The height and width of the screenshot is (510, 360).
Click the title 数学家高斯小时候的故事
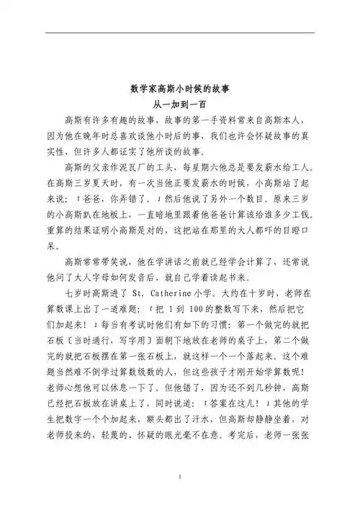click(180, 91)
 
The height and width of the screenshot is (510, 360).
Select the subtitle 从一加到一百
click(180, 105)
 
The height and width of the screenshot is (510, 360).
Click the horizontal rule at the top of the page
click(180, 32)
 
